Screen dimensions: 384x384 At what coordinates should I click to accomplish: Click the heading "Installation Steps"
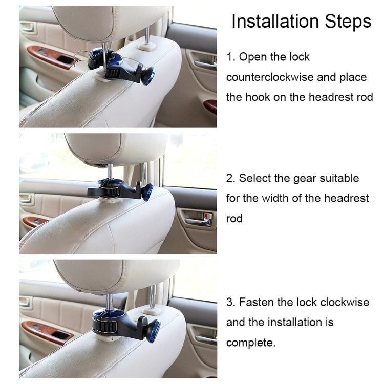[x=301, y=22]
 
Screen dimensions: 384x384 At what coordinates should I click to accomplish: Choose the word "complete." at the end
[x=251, y=343]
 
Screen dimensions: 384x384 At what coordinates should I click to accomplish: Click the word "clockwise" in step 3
[x=345, y=302]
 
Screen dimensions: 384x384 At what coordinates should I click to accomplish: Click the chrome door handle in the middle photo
[x=199, y=221]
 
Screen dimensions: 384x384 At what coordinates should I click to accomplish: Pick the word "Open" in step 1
[x=252, y=57]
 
